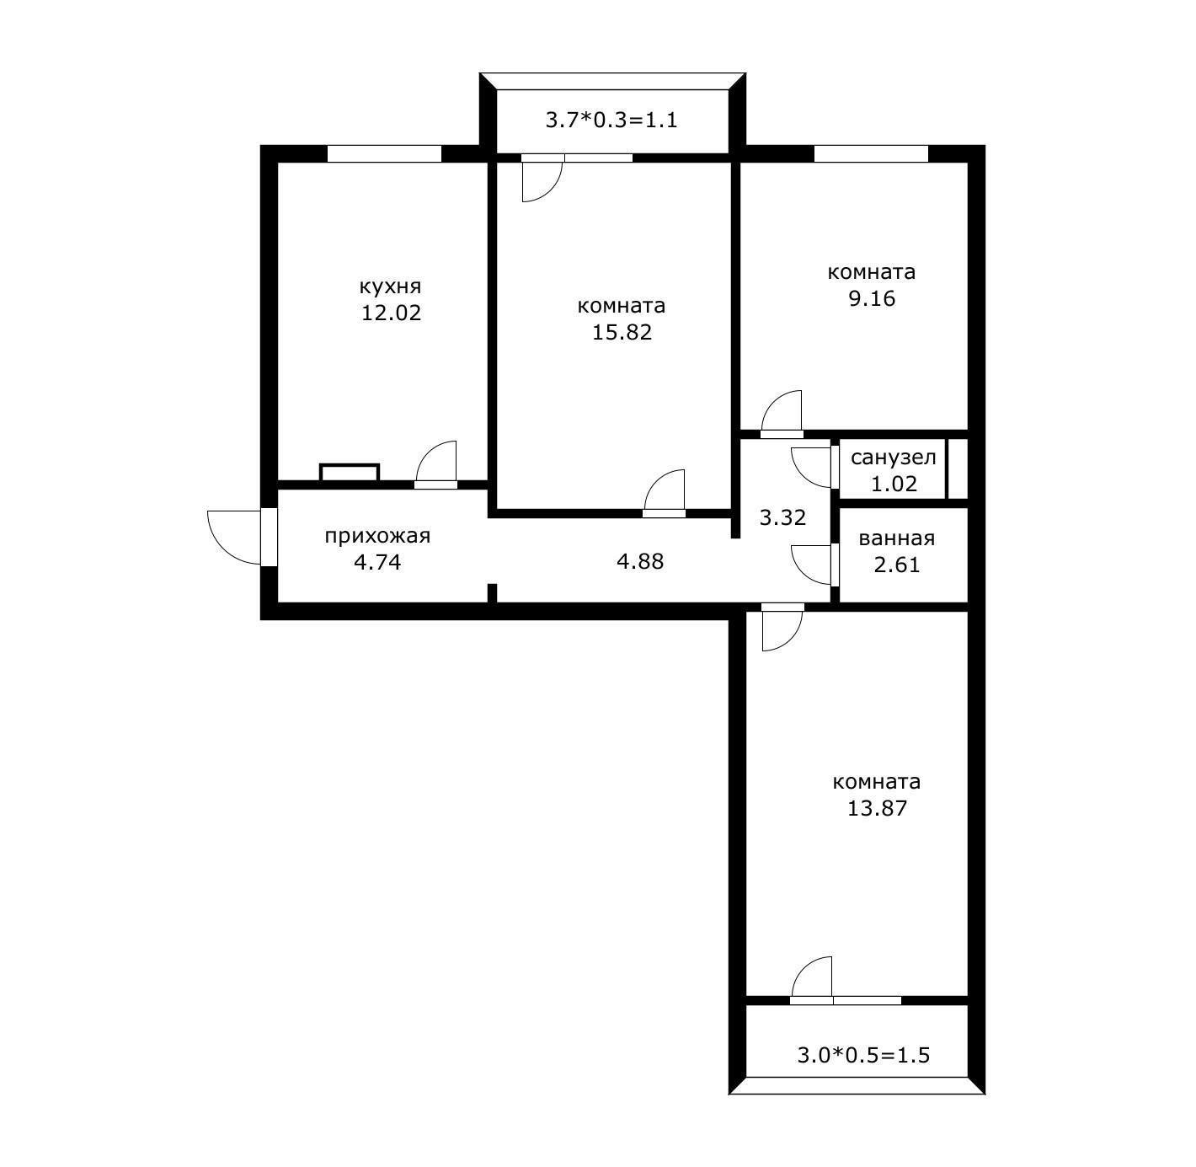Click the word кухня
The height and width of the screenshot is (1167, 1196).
390,286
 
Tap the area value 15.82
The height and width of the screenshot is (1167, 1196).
622,332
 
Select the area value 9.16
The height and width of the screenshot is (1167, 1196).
872,298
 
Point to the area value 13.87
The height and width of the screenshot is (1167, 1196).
877,808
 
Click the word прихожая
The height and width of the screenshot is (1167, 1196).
377,536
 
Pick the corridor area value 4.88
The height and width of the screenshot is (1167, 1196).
640,561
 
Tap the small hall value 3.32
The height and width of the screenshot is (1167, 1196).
782,517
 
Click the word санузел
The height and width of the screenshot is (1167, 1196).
893,458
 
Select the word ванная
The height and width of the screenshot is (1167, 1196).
896,538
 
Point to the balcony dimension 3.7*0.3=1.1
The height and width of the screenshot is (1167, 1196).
611,120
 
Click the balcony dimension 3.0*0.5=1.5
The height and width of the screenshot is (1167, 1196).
863,1055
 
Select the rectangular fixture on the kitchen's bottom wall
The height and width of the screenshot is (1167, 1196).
350,472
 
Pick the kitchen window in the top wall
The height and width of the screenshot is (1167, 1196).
384,153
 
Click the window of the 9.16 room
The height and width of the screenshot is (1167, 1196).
871,153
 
